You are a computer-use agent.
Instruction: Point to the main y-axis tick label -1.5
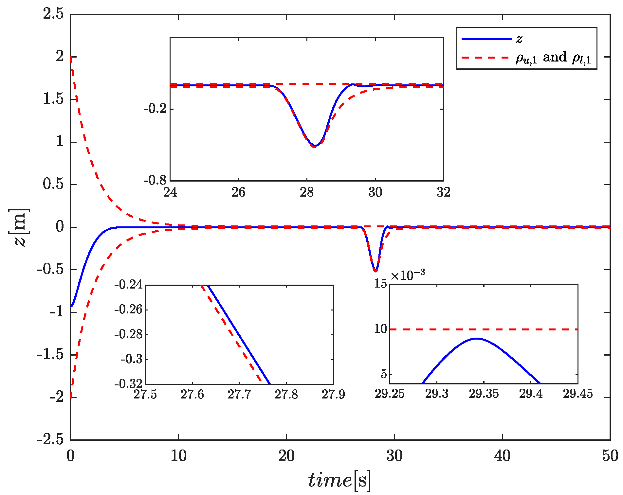(50, 355)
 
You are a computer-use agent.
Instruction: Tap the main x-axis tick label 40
(502, 456)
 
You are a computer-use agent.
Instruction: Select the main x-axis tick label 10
(178, 456)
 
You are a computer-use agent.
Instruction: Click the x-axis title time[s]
(339, 480)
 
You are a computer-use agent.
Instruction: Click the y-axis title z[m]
(19, 227)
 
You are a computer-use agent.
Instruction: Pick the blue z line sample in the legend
(486, 39)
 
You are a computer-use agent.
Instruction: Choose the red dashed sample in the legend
(486, 58)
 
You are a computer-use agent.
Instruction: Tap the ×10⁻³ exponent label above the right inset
(408, 275)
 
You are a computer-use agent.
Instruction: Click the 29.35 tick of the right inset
(484, 394)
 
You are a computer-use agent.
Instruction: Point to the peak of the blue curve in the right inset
(477, 338)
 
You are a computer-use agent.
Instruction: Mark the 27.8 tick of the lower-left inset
(286, 395)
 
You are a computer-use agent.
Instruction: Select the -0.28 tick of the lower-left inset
(128, 334)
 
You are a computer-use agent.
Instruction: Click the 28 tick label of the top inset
(307, 192)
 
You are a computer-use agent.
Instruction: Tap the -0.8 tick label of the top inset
(156, 180)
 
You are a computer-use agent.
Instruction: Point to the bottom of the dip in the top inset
(315, 146)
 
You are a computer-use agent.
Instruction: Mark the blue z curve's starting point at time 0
(71, 307)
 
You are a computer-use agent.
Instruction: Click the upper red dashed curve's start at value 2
(71, 57)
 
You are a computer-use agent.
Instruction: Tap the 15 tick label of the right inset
(381, 284)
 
